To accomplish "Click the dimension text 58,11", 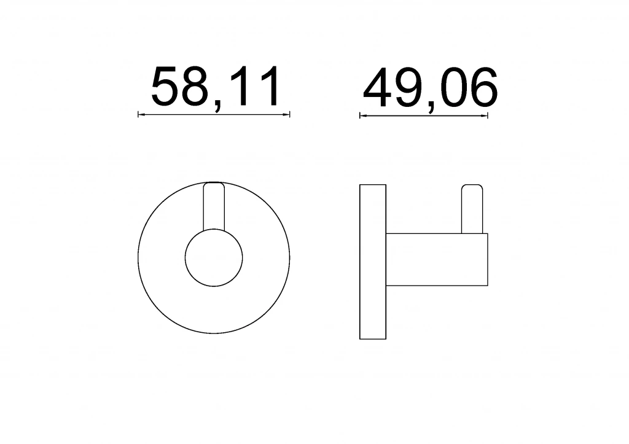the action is [215, 87].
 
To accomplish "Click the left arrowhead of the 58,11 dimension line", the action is [141, 115].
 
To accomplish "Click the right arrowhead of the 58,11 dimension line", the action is [287, 115].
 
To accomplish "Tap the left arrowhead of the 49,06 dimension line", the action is [362, 116].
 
